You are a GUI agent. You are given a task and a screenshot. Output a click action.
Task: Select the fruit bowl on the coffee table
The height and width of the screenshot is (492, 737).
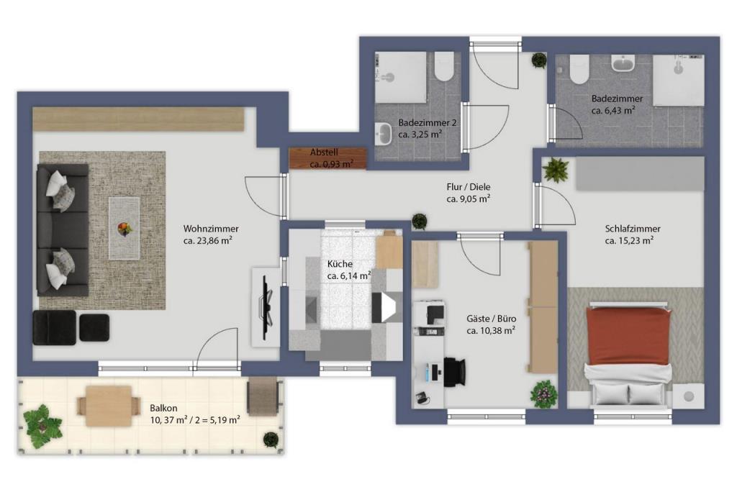click(125, 229)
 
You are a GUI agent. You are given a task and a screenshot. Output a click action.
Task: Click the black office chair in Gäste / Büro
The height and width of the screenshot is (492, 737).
click(455, 372)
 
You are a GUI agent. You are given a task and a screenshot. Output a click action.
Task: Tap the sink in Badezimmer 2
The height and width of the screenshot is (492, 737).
click(384, 135)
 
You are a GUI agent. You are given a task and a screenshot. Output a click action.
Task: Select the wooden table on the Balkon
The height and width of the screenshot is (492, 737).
click(109, 406)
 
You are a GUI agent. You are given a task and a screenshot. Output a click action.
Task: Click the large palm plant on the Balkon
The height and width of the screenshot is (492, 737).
click(42, 427)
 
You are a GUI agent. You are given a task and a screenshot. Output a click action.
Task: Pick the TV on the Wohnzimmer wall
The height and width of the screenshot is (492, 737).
click(266, 307)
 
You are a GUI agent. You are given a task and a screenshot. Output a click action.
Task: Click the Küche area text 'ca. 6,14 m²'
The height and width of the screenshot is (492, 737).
click(349, 275)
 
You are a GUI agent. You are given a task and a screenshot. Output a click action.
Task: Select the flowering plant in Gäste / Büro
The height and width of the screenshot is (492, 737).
click(544, 393)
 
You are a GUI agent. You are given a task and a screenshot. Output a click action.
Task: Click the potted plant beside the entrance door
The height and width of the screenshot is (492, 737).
click(539, 60)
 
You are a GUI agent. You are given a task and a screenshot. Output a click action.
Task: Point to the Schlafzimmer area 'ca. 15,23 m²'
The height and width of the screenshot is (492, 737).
click(629, 241)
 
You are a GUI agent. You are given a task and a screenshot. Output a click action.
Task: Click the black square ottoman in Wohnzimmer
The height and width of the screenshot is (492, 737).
click(94, 327)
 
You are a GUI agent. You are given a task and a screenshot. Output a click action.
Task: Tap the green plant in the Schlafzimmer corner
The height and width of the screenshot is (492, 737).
click(556, 170)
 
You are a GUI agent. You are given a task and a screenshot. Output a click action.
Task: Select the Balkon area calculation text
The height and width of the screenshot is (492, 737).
click(195, 420)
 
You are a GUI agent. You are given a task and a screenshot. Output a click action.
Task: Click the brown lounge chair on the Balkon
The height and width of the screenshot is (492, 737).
click(263, 396)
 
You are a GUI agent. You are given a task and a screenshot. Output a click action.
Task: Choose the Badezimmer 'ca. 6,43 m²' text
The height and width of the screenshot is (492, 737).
click(613, 111)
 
